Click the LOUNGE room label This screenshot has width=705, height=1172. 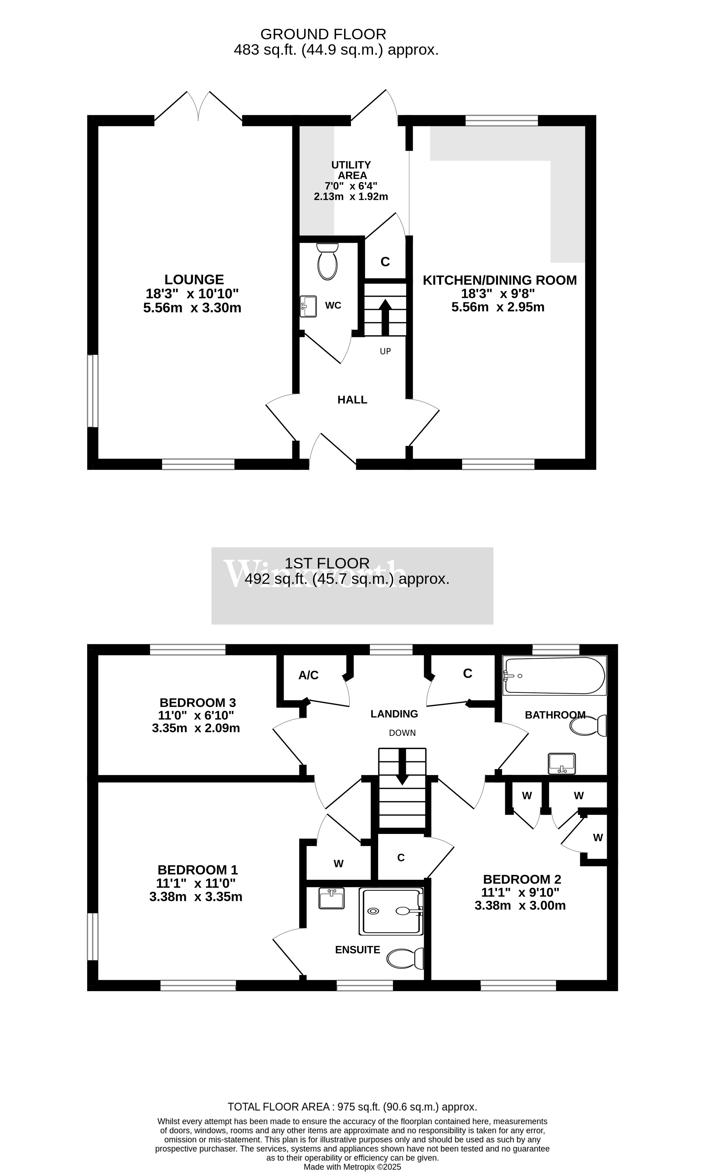(x=194, y=279)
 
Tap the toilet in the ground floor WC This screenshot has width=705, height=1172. (x=327, y=261)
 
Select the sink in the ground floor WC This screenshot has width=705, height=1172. (x=309, y=306)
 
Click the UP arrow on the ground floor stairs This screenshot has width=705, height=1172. (x=385, y=317)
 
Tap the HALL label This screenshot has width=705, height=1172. (x=352, y=400)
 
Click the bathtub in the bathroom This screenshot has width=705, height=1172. (x=554, y=675)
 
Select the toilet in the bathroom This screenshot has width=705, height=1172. (x=588, y=726)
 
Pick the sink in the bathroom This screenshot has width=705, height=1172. (x=562, y=764)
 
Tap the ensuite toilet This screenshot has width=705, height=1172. (x=405, y=958)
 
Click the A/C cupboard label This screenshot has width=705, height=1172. (x=308, y=675)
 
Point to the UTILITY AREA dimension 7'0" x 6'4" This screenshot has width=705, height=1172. (x=351, y=186)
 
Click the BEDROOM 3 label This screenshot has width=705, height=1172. (x=198, y=702)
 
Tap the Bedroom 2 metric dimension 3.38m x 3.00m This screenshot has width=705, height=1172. (x=520, y=905)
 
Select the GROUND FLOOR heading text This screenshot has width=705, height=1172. (x=323, y=34)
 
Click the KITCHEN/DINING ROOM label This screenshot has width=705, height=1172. (x=500, y=280)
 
